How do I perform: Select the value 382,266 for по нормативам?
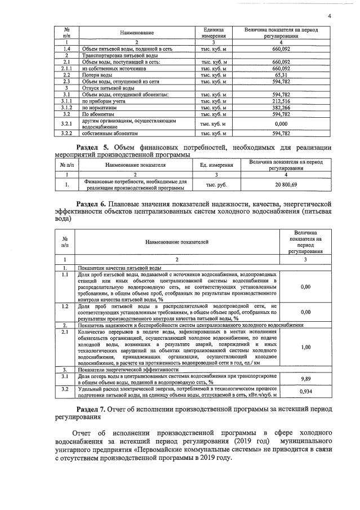click(x=281, y=107)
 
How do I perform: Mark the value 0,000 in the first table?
click(x=281, y=123)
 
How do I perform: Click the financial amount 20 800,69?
click(x=286, y=184)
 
